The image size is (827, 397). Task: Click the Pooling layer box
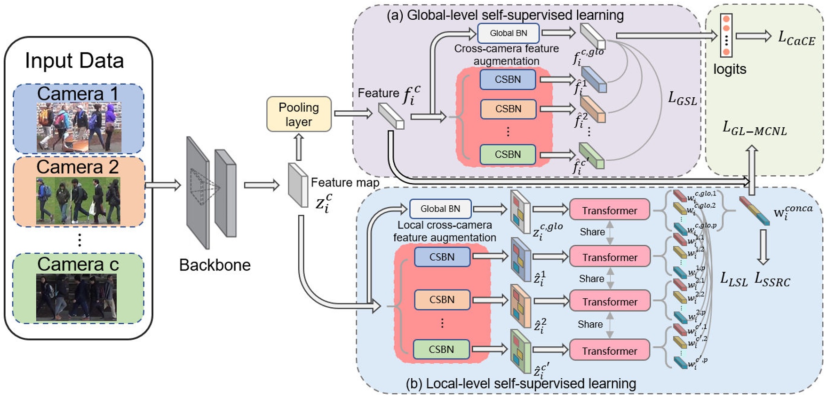[x=299, y=114]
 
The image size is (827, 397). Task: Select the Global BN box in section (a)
[x=508, y=33]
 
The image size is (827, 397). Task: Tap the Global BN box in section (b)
[x=440, y=209]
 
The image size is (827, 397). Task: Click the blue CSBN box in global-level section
[x=508, y=79]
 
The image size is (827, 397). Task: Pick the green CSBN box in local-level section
[x=441, y=349]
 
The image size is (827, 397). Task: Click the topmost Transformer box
[x=609, y=210]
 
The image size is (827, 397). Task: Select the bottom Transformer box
[x=609, y=350]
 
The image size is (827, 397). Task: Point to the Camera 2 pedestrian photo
[x=78, y=200]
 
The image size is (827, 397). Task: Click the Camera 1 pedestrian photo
[x=79, y=127]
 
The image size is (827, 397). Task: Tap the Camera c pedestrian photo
[x=76, y=297]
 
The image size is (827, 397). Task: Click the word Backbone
[x=215, y=265]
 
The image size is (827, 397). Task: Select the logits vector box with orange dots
[x=726, y=35]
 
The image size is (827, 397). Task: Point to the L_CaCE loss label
[x=796, y=38]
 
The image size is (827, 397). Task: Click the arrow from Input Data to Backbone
[x=163, y=185]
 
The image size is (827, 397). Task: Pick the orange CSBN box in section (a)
[x=508, y=109]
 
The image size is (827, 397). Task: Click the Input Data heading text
[x=74, y=61]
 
